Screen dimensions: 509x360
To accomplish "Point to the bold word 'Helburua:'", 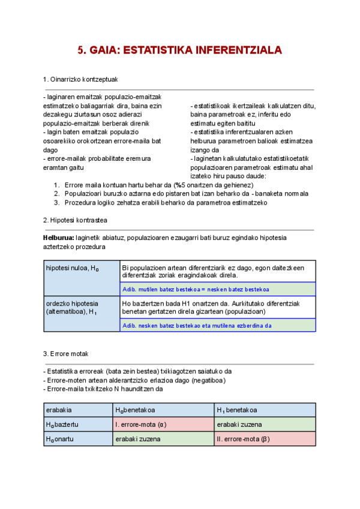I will coord(59,238).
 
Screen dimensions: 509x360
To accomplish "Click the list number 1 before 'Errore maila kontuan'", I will coord(56,185).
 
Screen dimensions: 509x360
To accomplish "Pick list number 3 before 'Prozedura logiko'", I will coord(56,202).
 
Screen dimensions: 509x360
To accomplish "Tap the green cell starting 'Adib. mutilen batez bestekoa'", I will coord(218,289).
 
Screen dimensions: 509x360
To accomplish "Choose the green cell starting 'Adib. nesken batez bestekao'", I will coord(218,326).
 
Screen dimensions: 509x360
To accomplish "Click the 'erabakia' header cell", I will coord(78,410).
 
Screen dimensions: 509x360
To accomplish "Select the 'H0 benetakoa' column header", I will coord(163,410).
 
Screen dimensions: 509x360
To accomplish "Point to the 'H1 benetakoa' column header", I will coord(265,410).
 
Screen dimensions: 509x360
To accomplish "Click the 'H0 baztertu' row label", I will coord(78,424).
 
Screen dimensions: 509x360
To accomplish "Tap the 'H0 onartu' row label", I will coord(78,439).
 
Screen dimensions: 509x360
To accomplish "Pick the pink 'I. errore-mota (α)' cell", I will coord(163,424).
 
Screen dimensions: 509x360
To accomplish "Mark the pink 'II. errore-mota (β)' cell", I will coord(265,439).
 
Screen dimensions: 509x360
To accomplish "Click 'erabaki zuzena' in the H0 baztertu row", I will coord(265,424).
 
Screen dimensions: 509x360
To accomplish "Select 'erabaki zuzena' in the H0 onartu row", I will coord(163,439).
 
